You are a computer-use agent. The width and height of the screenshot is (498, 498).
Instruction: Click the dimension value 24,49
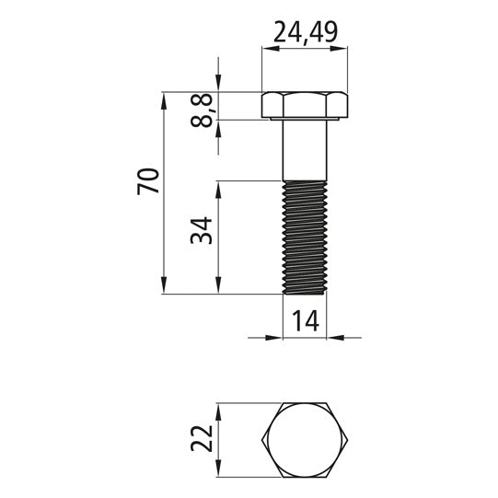306,32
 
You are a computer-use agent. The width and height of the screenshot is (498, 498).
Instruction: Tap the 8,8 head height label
202,110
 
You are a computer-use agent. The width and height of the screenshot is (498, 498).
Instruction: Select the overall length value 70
148,181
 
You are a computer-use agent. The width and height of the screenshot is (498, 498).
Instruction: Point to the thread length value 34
202,230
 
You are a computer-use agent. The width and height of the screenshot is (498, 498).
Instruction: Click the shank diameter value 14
306,320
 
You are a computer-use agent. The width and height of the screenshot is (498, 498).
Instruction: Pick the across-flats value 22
202,438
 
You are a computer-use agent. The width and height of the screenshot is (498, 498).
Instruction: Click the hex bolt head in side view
305,106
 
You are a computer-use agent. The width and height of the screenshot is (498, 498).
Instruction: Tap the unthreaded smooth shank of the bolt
305,150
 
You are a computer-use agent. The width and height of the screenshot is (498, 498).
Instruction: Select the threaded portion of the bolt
305,237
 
